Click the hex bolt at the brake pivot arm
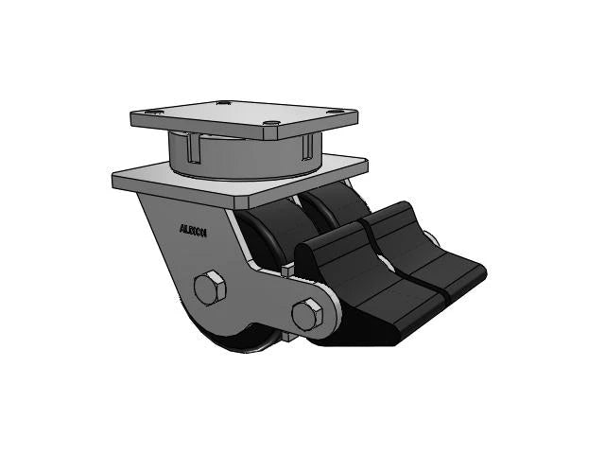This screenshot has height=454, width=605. pos(304,314)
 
